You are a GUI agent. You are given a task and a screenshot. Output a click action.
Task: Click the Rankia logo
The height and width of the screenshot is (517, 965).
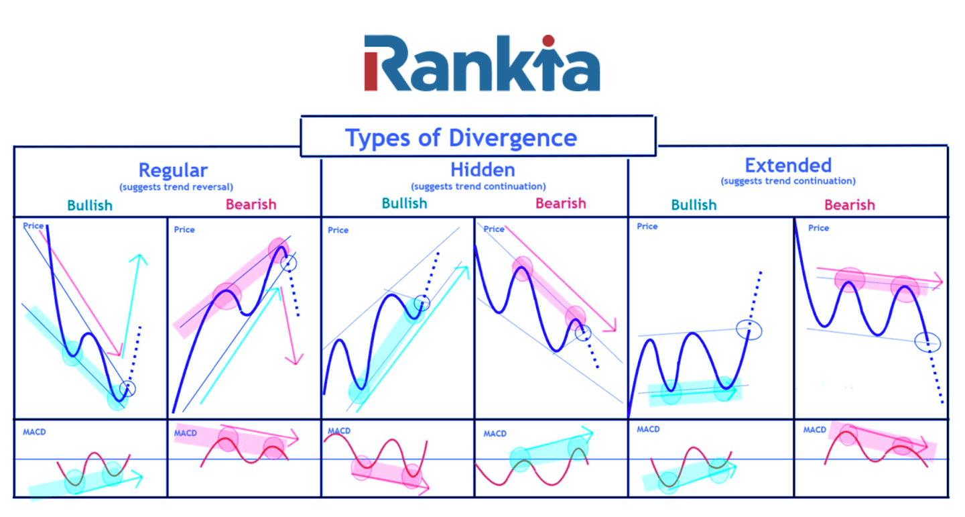click(x=482, y=64)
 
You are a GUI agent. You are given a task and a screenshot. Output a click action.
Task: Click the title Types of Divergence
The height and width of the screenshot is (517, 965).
click(x=460, y=137)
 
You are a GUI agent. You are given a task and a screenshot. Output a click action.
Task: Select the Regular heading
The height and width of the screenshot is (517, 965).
click(x=173, y=170)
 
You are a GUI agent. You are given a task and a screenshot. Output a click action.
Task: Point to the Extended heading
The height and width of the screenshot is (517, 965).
click(x=787, y=165)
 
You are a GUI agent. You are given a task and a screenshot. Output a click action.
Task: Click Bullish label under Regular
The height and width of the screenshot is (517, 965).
click(x=90, y=205)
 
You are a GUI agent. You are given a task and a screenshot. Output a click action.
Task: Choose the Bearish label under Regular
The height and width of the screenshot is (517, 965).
click(x=251, y=204)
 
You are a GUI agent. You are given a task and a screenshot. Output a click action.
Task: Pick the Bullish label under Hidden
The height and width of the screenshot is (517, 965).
click(x=404, y=203)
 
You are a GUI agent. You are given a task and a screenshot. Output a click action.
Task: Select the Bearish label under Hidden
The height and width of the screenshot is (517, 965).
click(x=560, y=203)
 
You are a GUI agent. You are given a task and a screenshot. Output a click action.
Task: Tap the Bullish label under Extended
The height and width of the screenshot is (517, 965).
click(x=694, y=205)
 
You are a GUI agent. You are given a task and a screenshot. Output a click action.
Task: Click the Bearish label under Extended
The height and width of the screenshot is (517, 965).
click(x=849, y=205)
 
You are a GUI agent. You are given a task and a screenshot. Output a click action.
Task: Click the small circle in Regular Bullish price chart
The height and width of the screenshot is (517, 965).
click(x=128, y=388)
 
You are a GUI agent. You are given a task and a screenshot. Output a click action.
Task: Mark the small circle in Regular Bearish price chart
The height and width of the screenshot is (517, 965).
click(x=289, y=264)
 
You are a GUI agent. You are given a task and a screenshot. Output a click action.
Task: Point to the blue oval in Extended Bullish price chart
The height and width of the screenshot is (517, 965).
click(x=749, y=329)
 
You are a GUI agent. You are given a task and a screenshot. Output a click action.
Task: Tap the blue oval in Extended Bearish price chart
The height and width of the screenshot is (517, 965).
click(x=928, y=343)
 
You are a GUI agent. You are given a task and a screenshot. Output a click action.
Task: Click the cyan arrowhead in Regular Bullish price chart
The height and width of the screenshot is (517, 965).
click(x=140, y=259)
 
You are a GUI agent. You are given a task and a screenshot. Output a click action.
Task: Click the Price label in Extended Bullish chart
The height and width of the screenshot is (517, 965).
click(x=647, y=227)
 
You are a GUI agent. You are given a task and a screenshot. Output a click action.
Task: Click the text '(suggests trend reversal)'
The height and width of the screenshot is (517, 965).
click(x=176, y=186)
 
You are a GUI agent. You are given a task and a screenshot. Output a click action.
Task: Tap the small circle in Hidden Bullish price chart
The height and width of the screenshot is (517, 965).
click(x=422, y=302)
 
